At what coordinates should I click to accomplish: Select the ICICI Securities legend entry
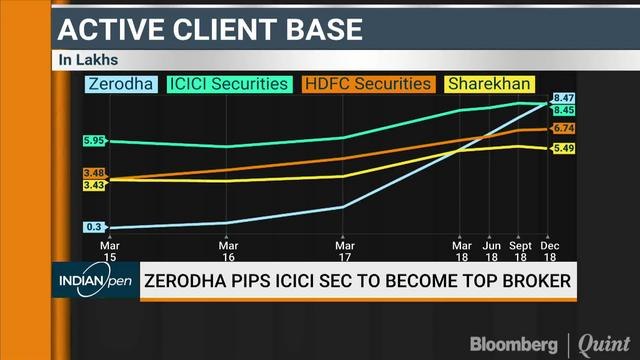tap(230, 85)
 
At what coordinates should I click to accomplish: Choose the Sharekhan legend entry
tap(490, 85)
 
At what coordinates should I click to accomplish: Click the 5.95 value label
tap(94, 141)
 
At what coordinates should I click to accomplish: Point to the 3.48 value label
tap(94, 173)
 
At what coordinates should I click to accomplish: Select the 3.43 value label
tap(94, 185)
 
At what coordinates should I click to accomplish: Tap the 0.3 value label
tap(96, 227)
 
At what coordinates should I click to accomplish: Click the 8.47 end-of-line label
tap(563, 98)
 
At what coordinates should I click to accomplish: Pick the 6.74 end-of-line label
tap(563, 129)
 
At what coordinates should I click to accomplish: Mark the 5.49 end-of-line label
tap(563, 149)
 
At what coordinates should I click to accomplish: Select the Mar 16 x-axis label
tap(228, 249)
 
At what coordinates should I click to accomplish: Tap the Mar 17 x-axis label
tap(344, 249)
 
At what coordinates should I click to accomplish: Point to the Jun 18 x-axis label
tap(491, 249)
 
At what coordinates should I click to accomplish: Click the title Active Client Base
tap(209, 29)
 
